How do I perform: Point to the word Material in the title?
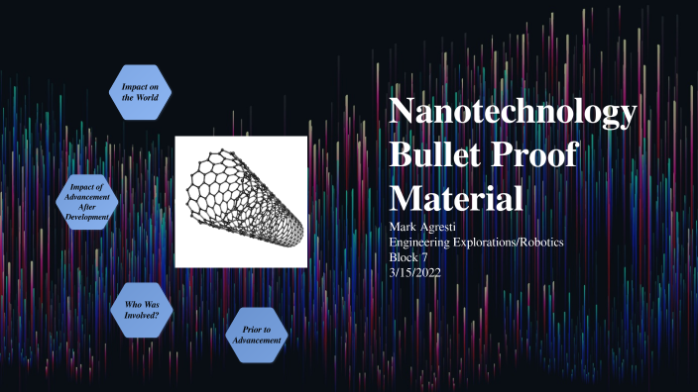click(456, 198)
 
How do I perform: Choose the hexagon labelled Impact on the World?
click(139, 94)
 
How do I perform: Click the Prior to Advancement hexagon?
click(256, 334)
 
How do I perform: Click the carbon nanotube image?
click(241, 201)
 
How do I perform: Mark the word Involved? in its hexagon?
click(141, 315)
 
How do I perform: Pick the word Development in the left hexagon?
click(88, 217)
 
